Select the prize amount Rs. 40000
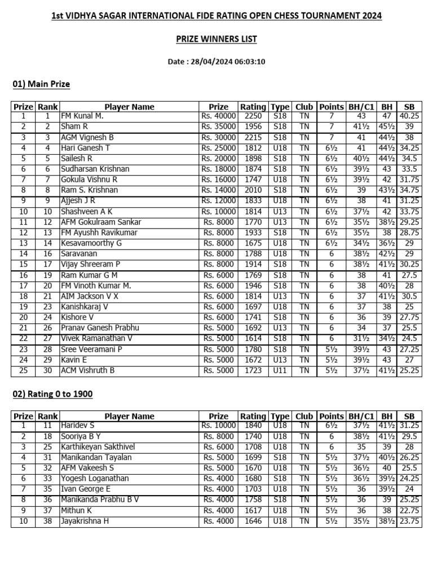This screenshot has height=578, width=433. coord(219,116)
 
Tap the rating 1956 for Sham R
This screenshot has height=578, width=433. coord(253,126)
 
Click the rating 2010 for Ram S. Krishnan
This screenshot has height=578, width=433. coord(253,190)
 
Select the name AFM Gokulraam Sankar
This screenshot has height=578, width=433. coord(101,222)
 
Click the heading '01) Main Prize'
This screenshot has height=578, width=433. coord(41,84)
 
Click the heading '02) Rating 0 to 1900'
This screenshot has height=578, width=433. coord(52,393)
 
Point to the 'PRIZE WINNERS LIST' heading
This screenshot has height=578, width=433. coord(216,39)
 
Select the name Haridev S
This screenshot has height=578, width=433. coord(77,426)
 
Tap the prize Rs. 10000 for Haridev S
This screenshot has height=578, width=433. coord(219,426)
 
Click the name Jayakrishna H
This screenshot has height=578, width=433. coord(85,521)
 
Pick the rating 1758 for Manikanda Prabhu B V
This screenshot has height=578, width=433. coord(253,500)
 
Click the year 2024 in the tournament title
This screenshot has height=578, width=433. coord(370,16)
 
